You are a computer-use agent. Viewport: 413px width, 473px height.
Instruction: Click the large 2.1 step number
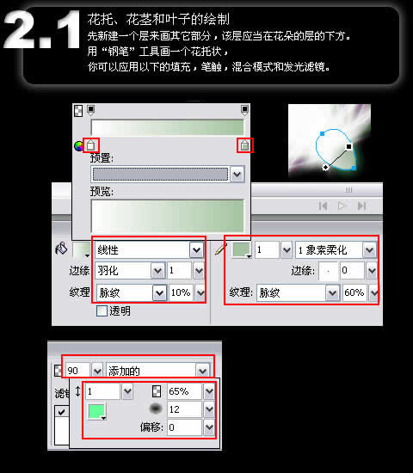click(x=41, y=29)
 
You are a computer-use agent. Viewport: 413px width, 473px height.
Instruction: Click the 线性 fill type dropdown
click(x=149, y=250)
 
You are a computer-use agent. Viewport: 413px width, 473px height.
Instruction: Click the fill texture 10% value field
click(x=180, y=292)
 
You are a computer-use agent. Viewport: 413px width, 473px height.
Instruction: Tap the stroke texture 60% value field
click(x=354, y=292)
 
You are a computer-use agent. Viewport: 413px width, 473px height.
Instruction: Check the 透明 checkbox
click(x=102, y=310)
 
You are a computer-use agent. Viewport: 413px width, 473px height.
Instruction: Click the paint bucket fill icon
click(x=61, y=249)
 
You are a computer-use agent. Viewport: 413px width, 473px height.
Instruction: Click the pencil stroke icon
click(x=221, y=249)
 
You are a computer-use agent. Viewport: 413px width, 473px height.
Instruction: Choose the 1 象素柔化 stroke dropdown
click(x=336, y=250)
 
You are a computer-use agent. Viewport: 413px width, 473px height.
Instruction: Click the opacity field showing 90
click(x=77, y=370)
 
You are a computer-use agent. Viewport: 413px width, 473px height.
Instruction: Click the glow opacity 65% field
click(x=184, y=391)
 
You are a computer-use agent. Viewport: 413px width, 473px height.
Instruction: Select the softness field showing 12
click(x=184, y=409)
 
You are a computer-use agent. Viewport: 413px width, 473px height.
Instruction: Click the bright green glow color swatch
click(x=96, y=411)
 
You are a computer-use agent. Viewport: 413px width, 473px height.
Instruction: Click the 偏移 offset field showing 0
click(x=184, y=427)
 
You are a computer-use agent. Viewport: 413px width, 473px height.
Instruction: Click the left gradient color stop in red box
click(x=90, y=145)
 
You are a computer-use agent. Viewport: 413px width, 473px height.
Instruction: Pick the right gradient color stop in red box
click(x=245, y=145)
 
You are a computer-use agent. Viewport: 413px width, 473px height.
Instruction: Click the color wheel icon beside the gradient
click(x=79, y=146)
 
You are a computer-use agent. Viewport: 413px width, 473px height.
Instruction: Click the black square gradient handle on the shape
click(x=348, y=146)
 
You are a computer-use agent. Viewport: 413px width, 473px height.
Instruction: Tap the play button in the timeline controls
click(x=342, y=206)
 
